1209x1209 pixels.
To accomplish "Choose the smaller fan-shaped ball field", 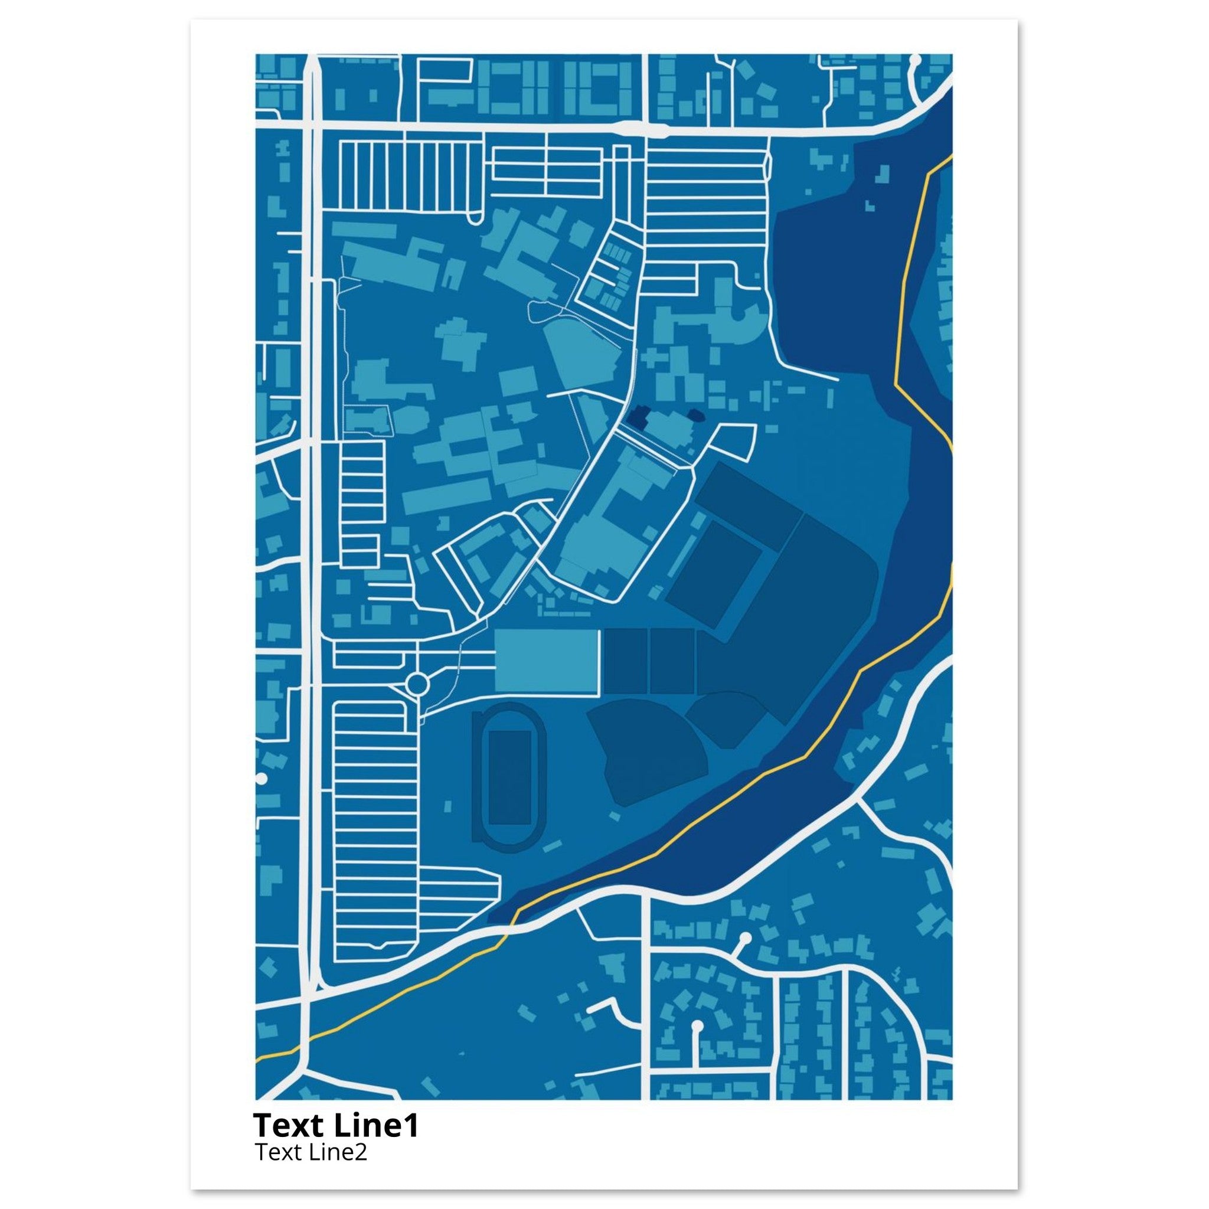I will click(729, 717).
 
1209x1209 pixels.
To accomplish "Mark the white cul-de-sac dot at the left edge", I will click(262, 779).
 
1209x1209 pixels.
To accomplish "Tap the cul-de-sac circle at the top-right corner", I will click(915, 61).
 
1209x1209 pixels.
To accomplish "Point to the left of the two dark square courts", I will click(625, 661).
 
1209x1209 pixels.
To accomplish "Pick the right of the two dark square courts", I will click(672, 661).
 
